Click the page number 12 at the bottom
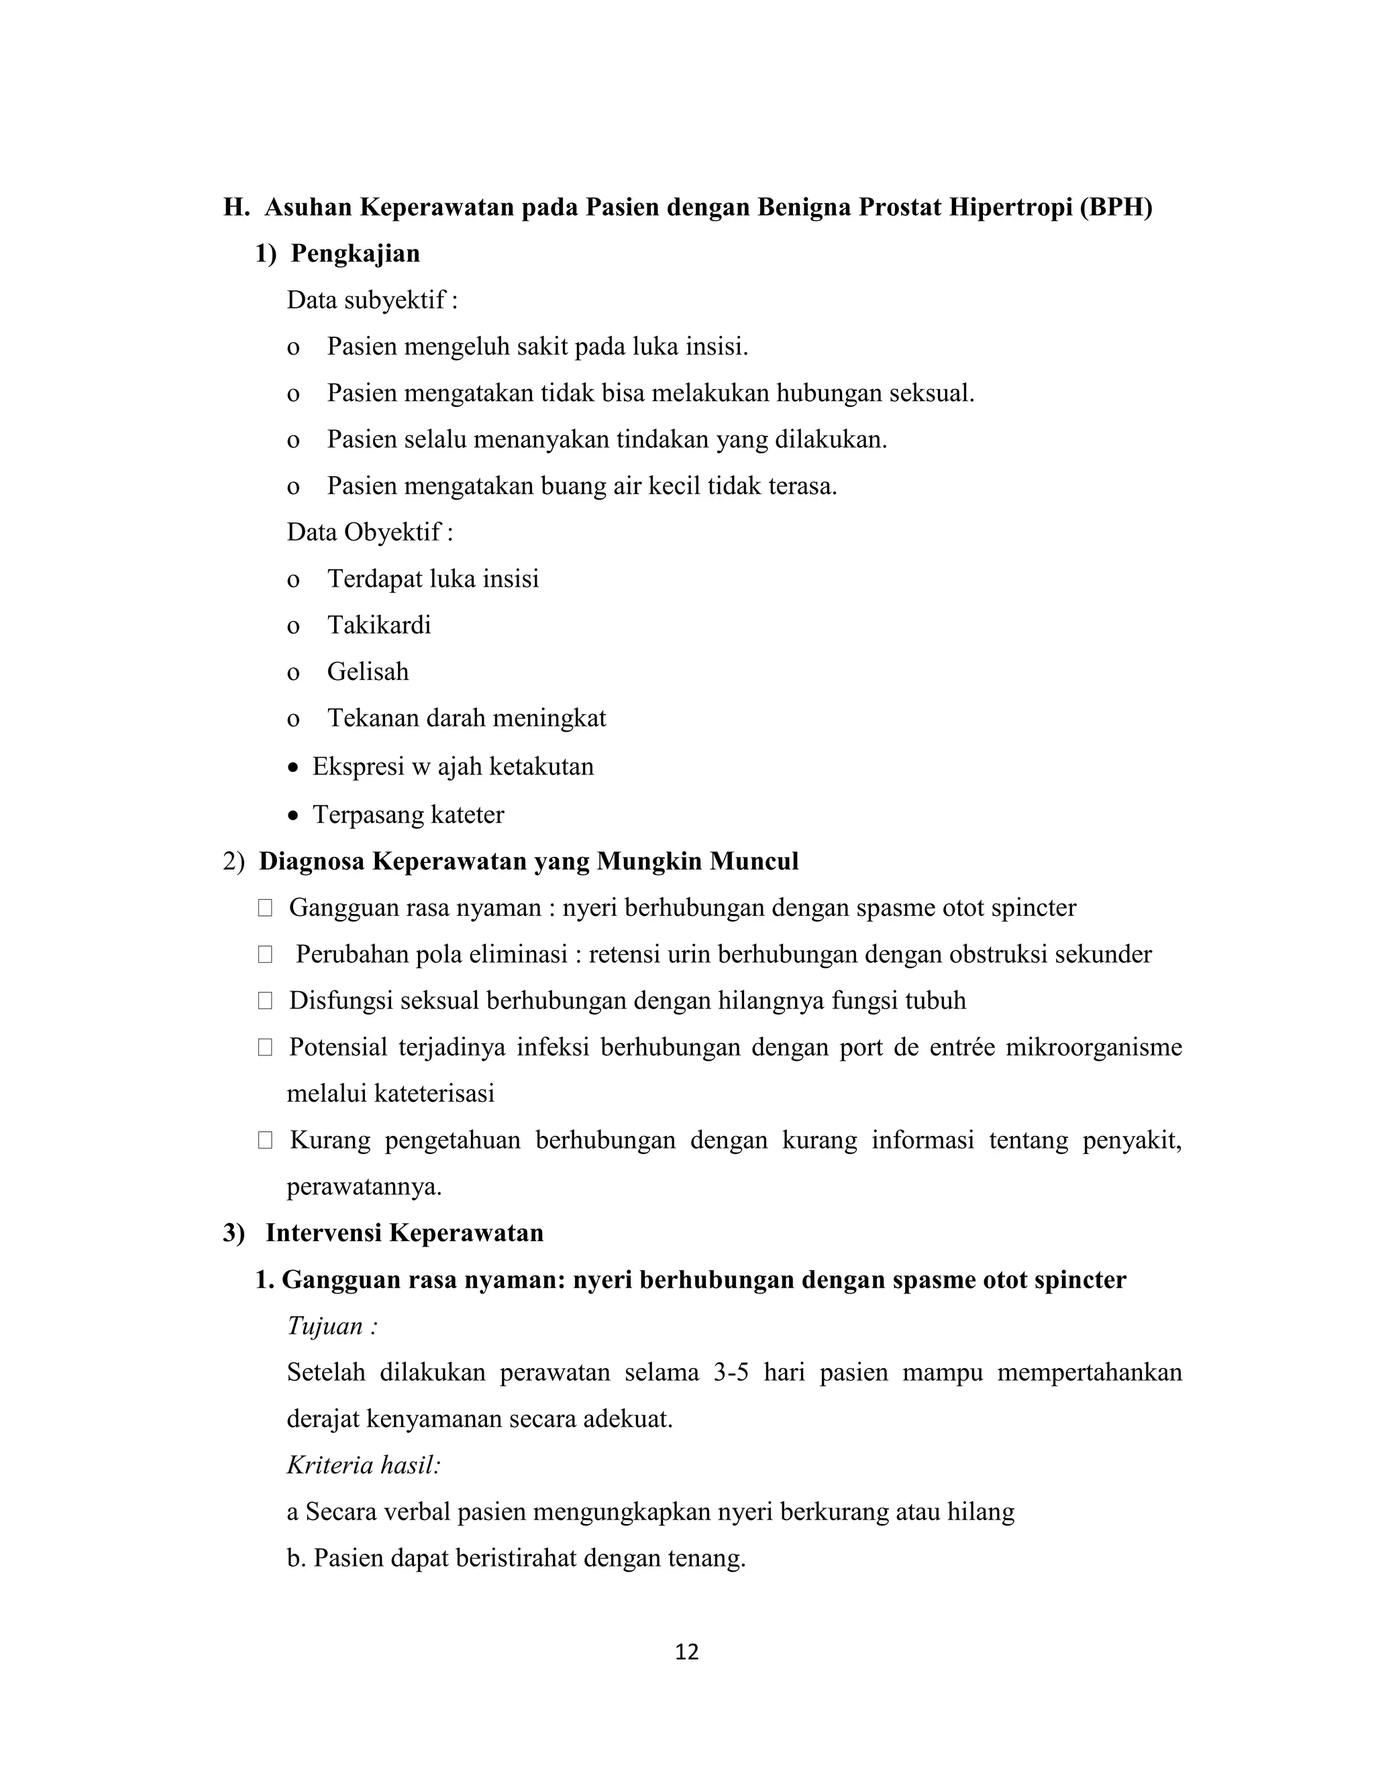click(x=687, y=1652)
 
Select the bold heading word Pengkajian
click(x=356, y=254)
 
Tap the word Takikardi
click(x=379, y=625)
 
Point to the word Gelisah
click(x=368, y=671)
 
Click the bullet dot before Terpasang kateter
click(x=294, y=816)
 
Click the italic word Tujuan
click(x=325, y=1327)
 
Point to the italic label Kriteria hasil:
click(x=364, y=1465)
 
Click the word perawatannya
click(x=364, y=1187)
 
